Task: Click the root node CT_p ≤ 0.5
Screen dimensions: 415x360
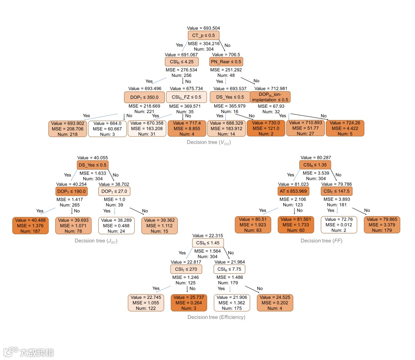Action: point(203,35)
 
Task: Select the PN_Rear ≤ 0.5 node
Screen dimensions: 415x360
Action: point(226,62)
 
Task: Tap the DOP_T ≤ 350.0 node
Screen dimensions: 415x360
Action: point(144,97)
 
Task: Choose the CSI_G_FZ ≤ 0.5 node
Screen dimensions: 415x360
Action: point(186,97)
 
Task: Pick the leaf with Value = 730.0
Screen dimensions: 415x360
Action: point(266,128)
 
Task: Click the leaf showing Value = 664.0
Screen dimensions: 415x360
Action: point(107,128)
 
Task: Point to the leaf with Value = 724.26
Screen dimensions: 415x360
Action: point(345,128)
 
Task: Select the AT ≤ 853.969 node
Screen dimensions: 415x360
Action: point(294,191)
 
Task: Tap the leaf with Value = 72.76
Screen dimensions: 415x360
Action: point(339,225)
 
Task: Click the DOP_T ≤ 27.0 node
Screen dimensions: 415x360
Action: point(115,191)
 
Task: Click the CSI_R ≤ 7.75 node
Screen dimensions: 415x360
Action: point(229,269)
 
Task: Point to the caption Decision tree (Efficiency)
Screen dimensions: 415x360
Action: point(216,317)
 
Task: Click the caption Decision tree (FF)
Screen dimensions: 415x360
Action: point(321,241)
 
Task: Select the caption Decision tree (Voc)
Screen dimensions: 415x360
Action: point(209,142)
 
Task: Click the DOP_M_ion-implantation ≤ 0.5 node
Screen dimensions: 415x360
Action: point(270,97)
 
